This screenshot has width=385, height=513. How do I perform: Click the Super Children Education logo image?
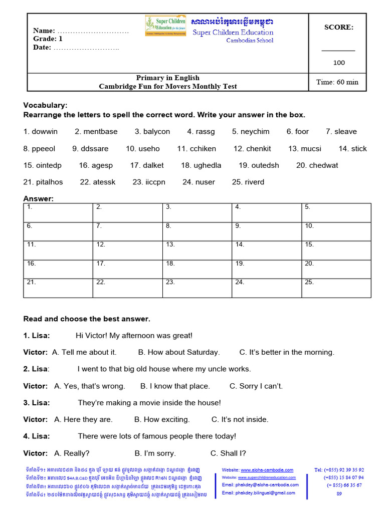click(x=165, y=26)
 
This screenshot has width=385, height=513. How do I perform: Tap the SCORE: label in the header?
click(x=339, y=28)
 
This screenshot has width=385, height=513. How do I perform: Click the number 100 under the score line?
click(x=339, y=63)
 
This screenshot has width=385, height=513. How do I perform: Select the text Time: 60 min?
click(x=337, y=82)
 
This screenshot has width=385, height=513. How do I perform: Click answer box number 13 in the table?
click(x=198, y=250)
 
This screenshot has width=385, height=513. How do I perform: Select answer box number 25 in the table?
click(x=336, y=288)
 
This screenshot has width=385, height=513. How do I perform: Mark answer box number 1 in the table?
click(x=58, y=212)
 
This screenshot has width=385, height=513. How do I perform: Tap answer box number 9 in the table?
click(x=267, y=231)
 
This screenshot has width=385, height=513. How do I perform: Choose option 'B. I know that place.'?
click(x=175, y=386)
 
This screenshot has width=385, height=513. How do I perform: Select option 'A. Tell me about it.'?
click(x=84, y=352)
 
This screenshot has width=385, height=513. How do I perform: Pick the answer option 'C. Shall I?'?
click(x=228, y=453)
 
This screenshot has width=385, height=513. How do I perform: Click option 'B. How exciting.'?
click(x=162, y=419)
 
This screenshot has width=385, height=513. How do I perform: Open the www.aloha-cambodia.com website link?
click(x=267, y=470)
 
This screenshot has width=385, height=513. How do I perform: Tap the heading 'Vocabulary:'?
click(x=45, y=105)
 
